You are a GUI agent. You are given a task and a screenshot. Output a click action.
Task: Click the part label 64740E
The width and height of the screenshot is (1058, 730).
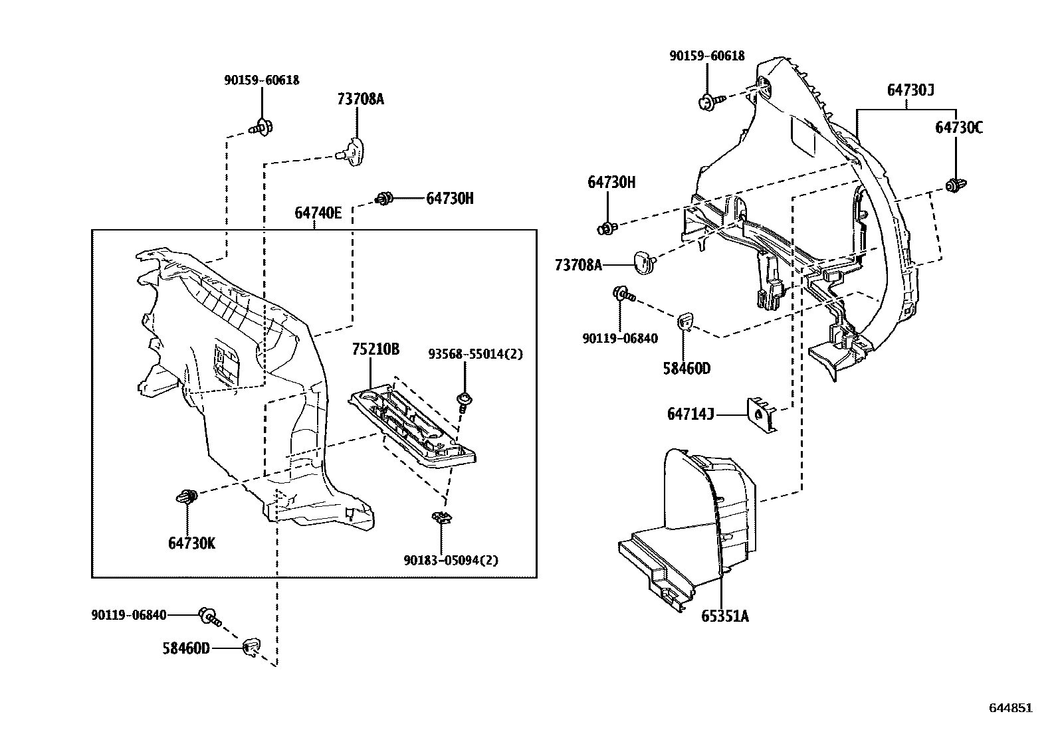318,213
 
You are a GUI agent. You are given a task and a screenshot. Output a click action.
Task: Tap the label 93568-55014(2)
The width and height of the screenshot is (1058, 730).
475,354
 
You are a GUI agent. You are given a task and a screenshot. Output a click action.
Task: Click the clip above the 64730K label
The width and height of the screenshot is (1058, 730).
187,496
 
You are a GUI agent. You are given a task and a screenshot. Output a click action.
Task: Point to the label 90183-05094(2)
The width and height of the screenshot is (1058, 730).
451,560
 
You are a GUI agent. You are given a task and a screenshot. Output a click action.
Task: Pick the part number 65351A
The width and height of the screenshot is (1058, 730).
724,616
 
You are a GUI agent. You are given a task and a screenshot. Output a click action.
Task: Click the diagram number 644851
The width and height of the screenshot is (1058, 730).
1011,708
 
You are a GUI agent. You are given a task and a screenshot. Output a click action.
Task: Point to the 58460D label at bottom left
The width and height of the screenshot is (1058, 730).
186,648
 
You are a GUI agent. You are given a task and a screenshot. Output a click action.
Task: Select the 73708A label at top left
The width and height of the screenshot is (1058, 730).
361,100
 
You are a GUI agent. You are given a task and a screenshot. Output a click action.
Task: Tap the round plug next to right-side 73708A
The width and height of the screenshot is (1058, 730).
643,262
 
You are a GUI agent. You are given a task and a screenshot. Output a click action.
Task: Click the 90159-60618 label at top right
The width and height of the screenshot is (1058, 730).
706,56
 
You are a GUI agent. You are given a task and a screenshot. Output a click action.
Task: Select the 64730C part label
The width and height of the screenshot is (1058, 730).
958,128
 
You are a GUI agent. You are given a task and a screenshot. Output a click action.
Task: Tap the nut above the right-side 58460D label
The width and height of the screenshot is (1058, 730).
685,321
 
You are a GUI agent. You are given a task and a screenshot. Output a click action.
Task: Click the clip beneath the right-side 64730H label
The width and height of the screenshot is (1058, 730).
607,228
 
